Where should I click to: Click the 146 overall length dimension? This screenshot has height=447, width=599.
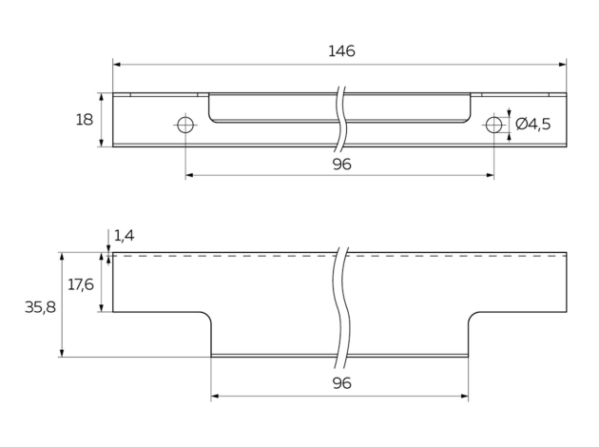(340, 51)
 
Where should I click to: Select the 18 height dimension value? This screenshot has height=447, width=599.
(85, 120)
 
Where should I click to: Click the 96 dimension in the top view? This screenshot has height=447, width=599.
(342, 165)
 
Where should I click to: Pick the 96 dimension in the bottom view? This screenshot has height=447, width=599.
(342, 383)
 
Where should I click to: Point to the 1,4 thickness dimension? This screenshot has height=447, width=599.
(125, 235)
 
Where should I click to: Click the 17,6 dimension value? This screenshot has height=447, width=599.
(81, 283)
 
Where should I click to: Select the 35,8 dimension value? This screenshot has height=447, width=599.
(39, 306)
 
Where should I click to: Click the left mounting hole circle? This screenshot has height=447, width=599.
(185, 125)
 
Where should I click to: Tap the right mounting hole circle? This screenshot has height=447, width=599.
(493, 125)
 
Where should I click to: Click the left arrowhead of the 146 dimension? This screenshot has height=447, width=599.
(117, 65)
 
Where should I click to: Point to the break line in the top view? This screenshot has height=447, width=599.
(339, 121)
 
